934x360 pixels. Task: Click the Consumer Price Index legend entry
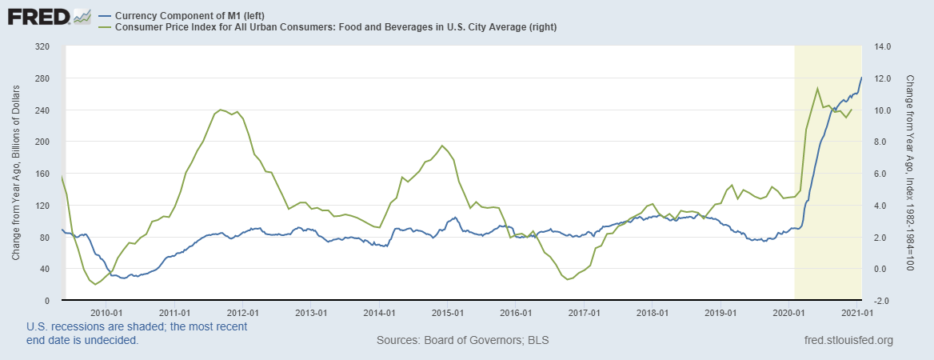click(335, 27)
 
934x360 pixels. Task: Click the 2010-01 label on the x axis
click(106, 312)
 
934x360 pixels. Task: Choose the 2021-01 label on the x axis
click(857, 312)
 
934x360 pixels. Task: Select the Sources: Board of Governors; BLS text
click(462, 341)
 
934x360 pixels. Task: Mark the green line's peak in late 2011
click(220, 109)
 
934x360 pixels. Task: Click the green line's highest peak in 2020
click(817, 88)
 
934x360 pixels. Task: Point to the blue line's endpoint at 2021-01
click(861, 78)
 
